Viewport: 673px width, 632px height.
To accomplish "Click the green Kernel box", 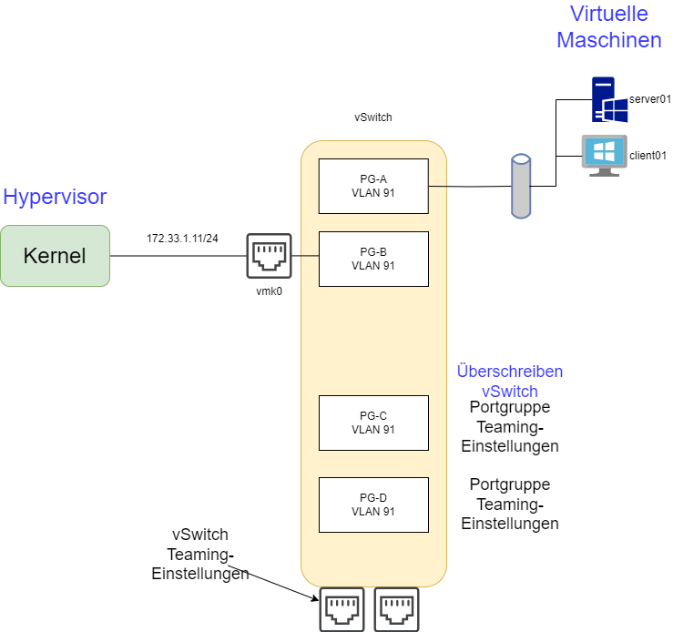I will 55,256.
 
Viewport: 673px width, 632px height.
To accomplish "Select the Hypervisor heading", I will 55,197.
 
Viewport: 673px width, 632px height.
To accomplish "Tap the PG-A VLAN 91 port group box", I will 373,186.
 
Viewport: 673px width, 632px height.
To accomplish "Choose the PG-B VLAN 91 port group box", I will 373,259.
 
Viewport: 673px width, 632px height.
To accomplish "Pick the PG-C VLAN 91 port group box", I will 373,423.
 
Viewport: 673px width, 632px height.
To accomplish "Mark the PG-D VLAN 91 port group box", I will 373,505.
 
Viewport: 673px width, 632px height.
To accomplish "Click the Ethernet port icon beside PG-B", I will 269,256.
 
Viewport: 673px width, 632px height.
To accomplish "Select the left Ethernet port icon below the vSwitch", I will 342,609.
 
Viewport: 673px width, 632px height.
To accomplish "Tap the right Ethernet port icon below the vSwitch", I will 396,609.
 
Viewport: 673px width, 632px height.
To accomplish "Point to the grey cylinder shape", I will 520,186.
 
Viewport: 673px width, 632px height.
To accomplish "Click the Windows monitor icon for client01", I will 604,156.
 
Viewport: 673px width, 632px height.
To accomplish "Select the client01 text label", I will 648,156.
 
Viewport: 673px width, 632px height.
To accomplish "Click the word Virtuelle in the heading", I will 608,14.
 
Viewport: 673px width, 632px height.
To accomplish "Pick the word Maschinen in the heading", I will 608,40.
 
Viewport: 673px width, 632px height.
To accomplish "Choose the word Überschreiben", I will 509,372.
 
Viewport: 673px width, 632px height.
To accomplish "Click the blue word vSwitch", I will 510,392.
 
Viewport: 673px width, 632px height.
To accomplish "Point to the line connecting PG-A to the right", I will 438,186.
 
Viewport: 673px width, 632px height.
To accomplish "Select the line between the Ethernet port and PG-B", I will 305,256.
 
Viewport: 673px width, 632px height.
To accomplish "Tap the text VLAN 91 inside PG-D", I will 373,512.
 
